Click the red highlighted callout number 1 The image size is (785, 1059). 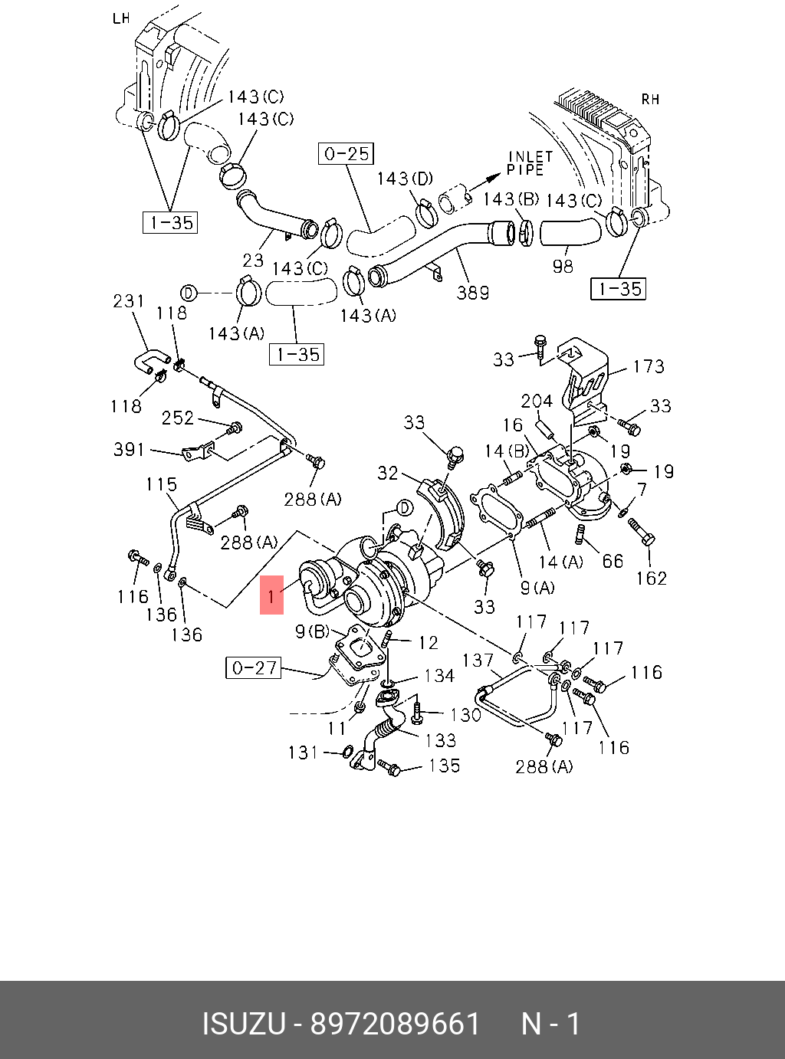tap(271, 594)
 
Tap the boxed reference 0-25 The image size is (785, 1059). tap(346, 154)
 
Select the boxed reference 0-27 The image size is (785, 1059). tap(253, 667)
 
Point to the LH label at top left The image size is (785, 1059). tap(121, 18)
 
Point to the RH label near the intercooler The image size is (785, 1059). tap(650, 100)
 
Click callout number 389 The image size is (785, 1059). tap(472, 292)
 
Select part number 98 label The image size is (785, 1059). tap(563, 266)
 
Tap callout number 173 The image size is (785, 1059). tap(648, 366)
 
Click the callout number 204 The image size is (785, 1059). tap(537, 401)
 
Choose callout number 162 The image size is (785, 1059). tap(651, 578)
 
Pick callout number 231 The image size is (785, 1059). tap(128, 301)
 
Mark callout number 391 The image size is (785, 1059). tap(129, 449)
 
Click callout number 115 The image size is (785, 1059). tap(161, 484)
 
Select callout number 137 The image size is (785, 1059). tap(478, 660)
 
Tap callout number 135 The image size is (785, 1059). tap(444, 765)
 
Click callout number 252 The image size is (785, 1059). tap(177, 418)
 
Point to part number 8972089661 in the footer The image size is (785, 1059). tap(395, 1024)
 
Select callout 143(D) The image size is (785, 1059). tap(404, 179)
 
